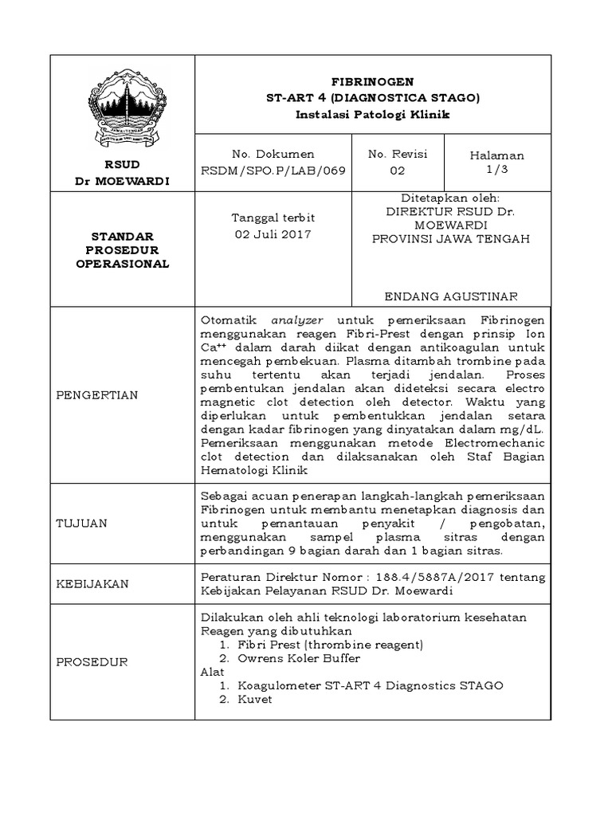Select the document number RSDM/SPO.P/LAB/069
coord(273,171)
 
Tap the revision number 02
coord(397,171)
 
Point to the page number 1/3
coord(497,170)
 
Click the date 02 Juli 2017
coord(273,234)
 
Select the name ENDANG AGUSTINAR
coord(452,296)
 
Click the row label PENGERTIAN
coord(96,395)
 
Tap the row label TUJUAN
coord(81,523)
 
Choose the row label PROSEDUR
coord(91,661)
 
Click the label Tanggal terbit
coord(273,218)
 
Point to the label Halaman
coord(497,155)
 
